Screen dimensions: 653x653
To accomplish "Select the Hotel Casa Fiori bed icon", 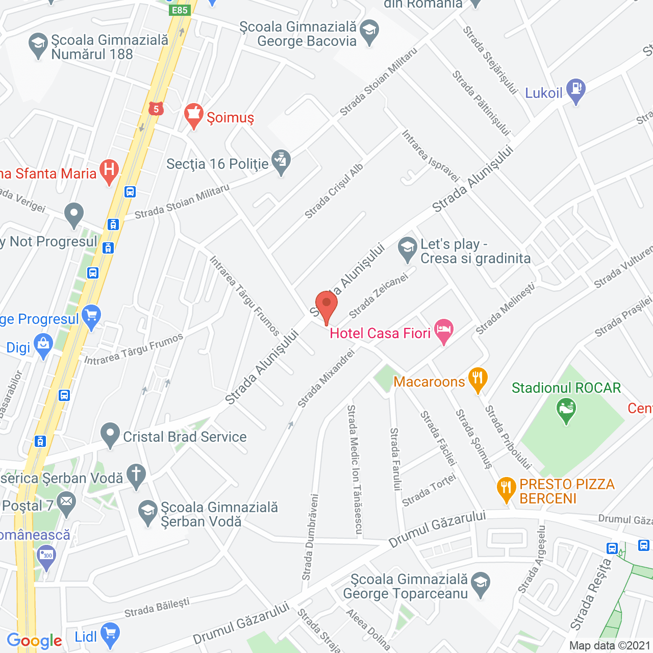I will click(443, 331).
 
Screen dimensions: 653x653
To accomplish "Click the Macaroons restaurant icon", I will click(478, 379).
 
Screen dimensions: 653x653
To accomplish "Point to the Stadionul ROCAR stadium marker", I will click(566, 410).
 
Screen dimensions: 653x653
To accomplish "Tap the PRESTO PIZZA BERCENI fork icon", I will click(506, 488).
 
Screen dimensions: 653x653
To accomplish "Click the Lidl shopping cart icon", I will click(110, 634).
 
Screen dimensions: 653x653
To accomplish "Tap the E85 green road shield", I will click(180, 10).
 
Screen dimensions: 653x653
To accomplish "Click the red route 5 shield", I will click(156, 109).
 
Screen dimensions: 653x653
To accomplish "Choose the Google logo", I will click(34, 641).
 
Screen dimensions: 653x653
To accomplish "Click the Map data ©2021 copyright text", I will click(610, 645).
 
